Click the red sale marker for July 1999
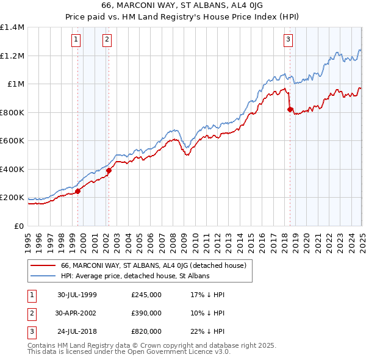click(78, 192)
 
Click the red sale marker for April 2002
click(109, 171)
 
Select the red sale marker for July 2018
click(290, 110)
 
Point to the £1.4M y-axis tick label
click(12, 27)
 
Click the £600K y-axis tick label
click(12, 141)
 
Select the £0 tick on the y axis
click(20, 226)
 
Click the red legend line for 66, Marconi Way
click(43, 265)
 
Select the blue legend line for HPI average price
click(43, 276)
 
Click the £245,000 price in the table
click(146, 295)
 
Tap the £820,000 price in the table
click(146, 331)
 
